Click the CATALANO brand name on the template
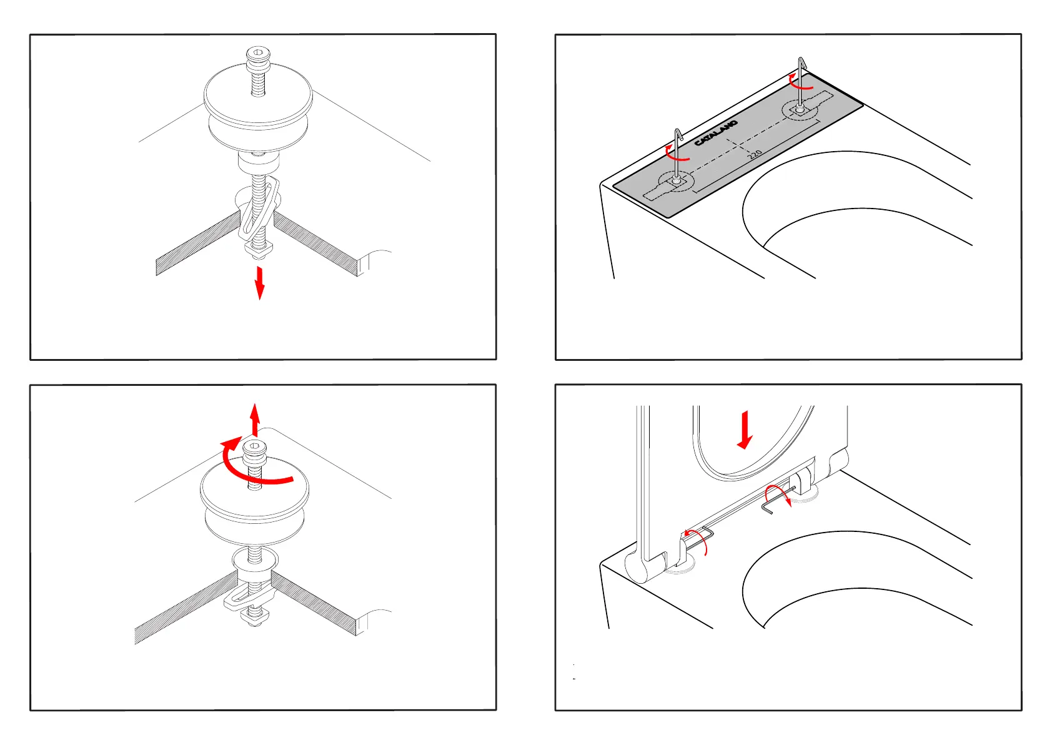(x=716, y=133)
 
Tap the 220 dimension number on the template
(x=755, y=153)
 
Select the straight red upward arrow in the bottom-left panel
(x=255, y=418)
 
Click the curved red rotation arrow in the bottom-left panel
(x=250, y=465)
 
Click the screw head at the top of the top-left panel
(x=257, y=56)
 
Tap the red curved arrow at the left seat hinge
(x=697, y=540)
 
